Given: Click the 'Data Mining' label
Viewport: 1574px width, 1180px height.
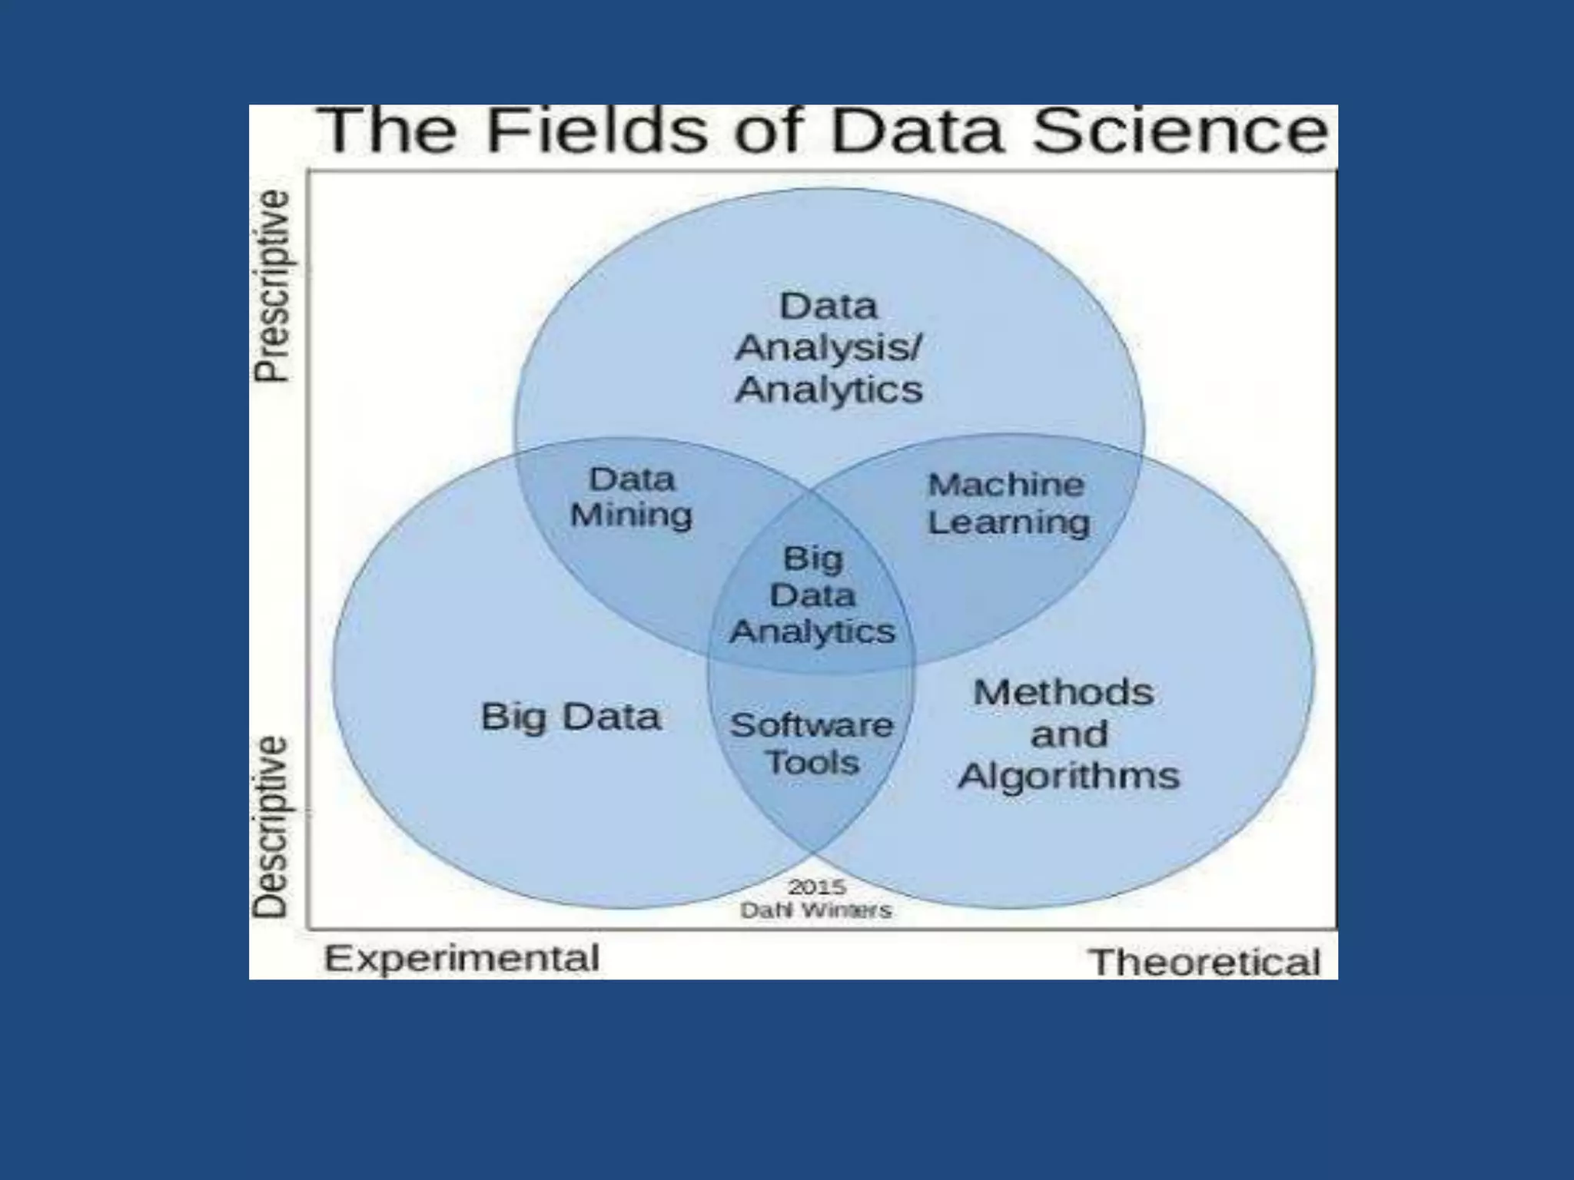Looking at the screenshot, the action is [x=631, y=498].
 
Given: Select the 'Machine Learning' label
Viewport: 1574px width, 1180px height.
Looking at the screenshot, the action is [x=1008, y=504].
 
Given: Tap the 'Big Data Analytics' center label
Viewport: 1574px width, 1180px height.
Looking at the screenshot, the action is [x=812, y=595].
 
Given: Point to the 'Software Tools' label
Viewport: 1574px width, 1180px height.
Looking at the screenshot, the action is [x=812, y=744].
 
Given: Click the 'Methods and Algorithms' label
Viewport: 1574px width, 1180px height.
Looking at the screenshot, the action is [x=1068, y=734].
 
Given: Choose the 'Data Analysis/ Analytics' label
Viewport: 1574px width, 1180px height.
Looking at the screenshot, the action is [x=829, y=348].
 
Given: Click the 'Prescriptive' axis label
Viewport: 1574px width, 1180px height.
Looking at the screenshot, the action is [x=273, y=286].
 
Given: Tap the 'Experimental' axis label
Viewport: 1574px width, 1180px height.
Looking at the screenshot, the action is [x=462, y=959].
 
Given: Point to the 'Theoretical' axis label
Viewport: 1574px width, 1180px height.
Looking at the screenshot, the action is [x=1205, y=963].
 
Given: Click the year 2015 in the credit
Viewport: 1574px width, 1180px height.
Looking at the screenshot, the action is [x=817, y=887].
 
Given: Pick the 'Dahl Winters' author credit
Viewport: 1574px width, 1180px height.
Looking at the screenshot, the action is [x=816, y=910].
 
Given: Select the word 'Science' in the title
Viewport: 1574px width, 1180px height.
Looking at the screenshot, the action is [x=1180, y=131].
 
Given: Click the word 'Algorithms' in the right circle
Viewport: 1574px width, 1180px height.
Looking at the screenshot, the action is [x=1068, y=775].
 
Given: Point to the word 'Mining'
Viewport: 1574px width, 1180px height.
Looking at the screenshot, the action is [x=631, y=515].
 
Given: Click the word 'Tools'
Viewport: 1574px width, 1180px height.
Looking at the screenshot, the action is [x=812, y=763].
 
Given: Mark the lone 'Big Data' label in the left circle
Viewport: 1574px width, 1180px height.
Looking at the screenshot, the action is [x=571, y=718].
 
